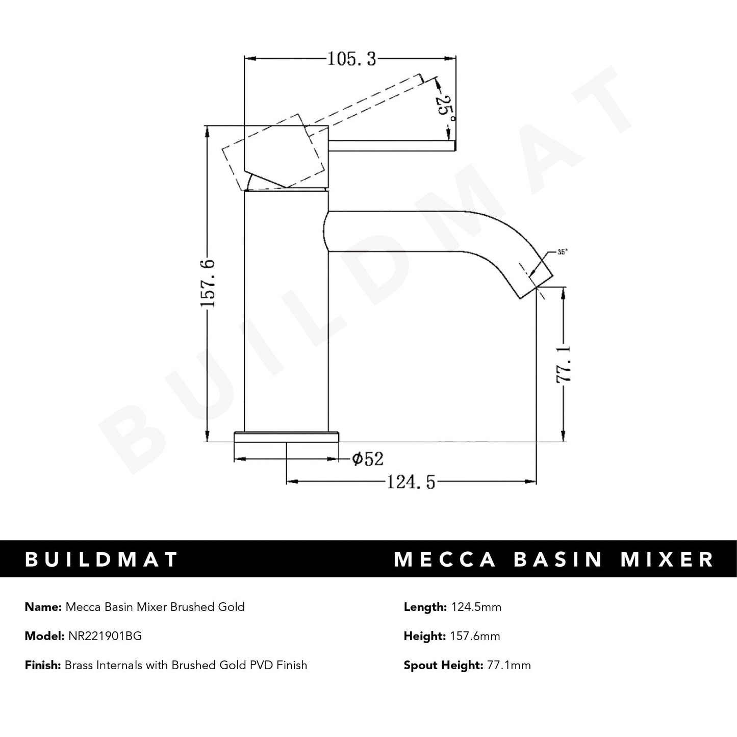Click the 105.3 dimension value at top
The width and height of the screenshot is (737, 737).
[351, 59]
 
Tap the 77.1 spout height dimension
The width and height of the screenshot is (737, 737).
[564, 364]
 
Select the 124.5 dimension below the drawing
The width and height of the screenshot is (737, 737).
[411, 481]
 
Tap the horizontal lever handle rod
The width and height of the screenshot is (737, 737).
[391, 146]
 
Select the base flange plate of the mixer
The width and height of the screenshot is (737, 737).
[286, 438]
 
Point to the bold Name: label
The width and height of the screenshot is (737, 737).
[43, 607]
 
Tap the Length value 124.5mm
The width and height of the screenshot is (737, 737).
[475, 607]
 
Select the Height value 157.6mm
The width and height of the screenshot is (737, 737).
[474, 636]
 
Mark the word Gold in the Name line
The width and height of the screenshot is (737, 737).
[232, 607]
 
